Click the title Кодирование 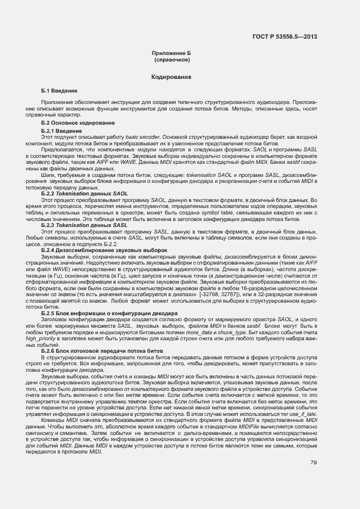(x=171, y=78)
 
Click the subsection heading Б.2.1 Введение (x=62, y=131)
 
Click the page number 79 (x=314, y=463)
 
